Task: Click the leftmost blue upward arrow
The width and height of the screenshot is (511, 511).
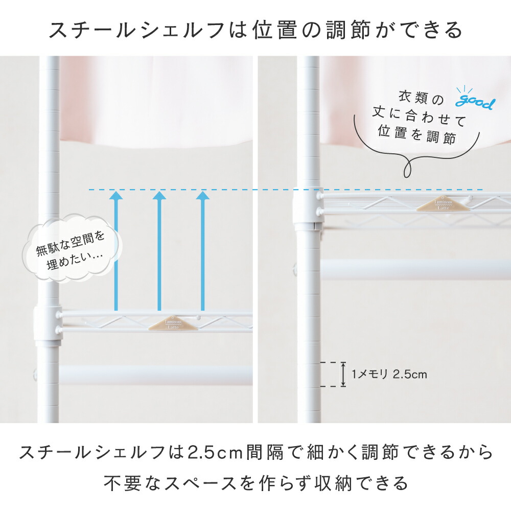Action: click(x=117, y=251)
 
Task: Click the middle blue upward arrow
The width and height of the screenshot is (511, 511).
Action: click(x=159, y=251)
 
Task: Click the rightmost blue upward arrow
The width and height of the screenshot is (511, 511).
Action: click(x=203, y=251)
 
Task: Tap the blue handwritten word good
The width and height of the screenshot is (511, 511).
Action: click(x=475, y=102)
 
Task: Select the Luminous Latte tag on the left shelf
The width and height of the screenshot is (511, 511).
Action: click(x=173, y=323)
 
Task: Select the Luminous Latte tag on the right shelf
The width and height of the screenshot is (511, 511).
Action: click(x=443, y=204)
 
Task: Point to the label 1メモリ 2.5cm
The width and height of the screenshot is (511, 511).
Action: click(x=389, y=374)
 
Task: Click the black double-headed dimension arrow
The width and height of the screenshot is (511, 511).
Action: click(x=343, y=374)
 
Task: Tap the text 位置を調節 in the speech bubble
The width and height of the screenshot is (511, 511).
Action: click(x=417, y=134)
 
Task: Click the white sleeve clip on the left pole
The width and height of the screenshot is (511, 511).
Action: click(x=48, y=326)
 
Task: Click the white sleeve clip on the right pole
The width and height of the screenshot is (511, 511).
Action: click(x=308, y=209)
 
